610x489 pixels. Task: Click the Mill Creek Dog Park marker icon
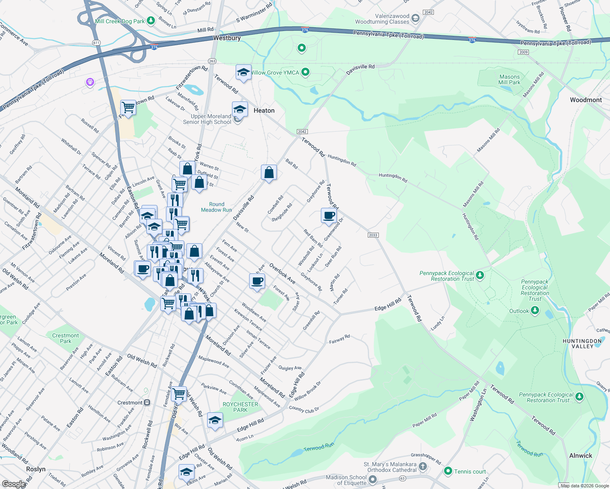(150, 20)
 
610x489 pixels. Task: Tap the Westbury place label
(227, 38)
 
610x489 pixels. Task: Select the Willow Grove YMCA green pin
(305, 73)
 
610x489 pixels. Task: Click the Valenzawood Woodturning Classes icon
(416, 18)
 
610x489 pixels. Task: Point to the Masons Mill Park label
(509, 79)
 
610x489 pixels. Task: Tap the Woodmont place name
(586, 100)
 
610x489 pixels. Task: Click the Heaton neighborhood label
(264, 110)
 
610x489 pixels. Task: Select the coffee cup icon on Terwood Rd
(329, 216)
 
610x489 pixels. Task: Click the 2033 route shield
(373, 235)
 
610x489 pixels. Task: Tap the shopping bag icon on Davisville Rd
(269, 173)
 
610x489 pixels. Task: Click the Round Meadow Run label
(216, 207)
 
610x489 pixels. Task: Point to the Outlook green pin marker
(535, 311)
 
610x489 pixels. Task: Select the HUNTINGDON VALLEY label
(582, 344)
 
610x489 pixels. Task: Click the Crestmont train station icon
(147, 403)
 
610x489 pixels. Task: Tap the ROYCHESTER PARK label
(240, 407)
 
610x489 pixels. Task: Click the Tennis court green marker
(448, 471)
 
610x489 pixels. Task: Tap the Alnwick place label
(580, 456)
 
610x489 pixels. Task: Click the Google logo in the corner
(13, 484)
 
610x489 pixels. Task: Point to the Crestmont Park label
(65, 338)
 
